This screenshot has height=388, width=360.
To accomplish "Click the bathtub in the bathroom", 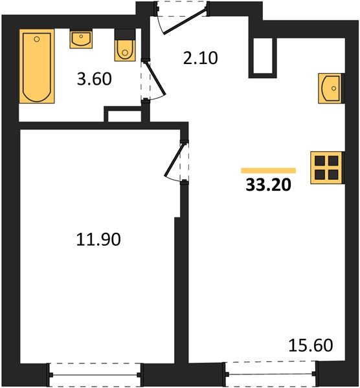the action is pyautogui.click(x=37, y=66).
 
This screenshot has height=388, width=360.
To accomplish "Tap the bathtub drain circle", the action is pyautogui.click(x=37, y=39).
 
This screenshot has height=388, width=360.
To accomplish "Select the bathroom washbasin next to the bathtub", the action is pyautogui.click(x=81, y=39).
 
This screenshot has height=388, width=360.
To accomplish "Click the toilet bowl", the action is pyautogui.click(x=125, y=50).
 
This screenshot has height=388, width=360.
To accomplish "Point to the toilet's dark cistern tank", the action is pyautogui.click(x=125, y=34).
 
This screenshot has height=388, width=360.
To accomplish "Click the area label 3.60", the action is pyautogui.click(x=95, y=79).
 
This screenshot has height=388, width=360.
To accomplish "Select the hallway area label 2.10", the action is pyautogui.click(x=201, y=58).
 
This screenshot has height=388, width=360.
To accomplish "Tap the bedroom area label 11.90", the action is pyautogui.click(x=98, y=239).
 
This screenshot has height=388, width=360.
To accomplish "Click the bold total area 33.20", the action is pyautogui.click(x=268, y=185).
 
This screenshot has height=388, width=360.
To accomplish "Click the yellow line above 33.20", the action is pyautogui.click(x=269, y=171).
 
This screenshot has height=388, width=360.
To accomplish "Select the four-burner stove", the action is pyautogui.click(x=327, y=167).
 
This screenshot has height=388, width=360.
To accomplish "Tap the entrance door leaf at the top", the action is pyautogui.click(x=185, y=21).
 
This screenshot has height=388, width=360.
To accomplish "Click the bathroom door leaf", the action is pyautogui.click(x=155, y=78).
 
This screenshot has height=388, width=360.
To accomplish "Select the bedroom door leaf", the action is pyautogui.click(x=175, y=160).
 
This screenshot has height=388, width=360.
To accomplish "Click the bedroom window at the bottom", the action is pyautogui.click(x=95, y=375).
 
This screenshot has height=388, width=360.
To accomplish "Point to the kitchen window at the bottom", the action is pyautogui.click(x=271, y=373).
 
